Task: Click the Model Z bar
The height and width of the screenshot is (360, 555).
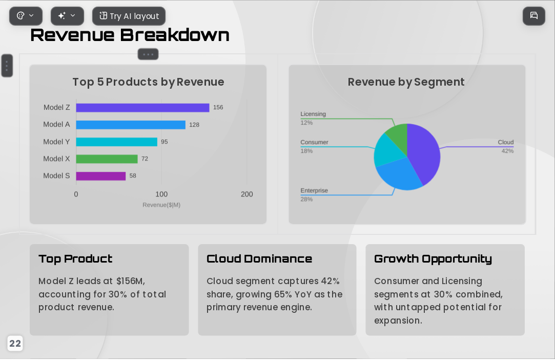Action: point(142,108)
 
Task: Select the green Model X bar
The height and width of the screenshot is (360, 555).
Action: point(107,159)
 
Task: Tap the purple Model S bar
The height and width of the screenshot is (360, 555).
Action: point(101,176)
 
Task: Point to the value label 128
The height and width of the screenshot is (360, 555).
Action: point(194,125)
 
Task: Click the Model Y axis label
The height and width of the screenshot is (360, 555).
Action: point(57,142)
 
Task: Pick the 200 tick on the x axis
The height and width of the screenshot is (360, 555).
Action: point(246,194)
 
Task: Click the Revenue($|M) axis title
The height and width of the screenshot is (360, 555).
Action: point(161,205)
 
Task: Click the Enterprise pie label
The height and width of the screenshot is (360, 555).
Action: point(314,190)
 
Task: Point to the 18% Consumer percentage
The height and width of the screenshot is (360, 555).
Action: point(306,151)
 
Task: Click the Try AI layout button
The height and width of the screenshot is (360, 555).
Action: point(129,16)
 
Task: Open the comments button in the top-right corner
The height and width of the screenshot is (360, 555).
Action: point(534,15)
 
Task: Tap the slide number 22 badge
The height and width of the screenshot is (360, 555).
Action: point(15,344)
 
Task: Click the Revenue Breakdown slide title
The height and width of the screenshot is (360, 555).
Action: point(130,35)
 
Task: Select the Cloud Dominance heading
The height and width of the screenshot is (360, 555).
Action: point(259,258)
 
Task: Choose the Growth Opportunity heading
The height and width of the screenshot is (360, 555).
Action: point(433,259)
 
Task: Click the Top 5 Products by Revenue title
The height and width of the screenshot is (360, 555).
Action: point(148,82)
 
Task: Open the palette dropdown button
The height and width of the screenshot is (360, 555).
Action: point(26,16)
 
